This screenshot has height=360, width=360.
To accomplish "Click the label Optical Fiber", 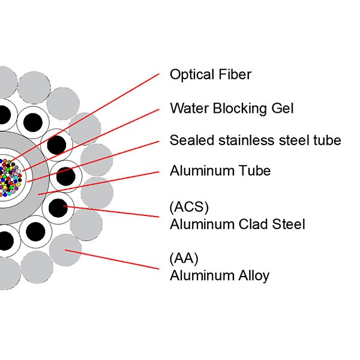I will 210,75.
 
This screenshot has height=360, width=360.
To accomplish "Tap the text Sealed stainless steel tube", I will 255,140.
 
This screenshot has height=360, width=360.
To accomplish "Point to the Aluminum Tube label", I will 220,171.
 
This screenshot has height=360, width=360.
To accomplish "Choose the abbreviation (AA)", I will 184,259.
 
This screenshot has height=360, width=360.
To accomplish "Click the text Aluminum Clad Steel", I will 237,224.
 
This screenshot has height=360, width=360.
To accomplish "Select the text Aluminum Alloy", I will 220,276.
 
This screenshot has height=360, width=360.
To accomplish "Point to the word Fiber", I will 235,75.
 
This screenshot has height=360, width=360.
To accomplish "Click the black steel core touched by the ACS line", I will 58,208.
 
